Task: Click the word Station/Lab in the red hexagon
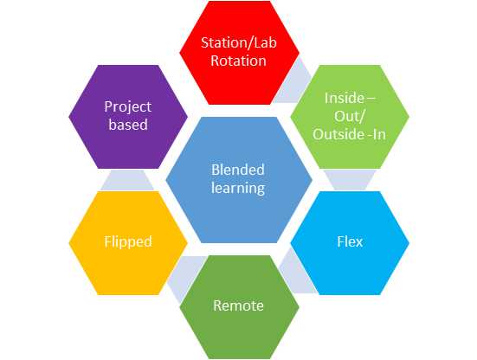pos(239,42)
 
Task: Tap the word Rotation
pos(239,61)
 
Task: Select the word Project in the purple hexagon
pos(128,107)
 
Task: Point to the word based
pos(128,125)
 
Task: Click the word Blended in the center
pos(238,170)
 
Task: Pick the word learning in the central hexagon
pos(238,188)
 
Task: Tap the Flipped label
pos(128,242)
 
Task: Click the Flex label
pos(350,242)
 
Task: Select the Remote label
pos(238,305)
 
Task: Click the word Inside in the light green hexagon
pos(344,98)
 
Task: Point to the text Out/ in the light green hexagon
pos(349,116)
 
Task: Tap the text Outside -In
pos(349,134)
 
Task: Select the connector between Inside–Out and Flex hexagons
pos(350,180)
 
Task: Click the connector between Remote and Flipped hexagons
pos(186,276)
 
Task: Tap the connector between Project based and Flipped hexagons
pos(127,180)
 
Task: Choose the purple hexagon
pos(128,117)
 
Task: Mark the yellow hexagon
pos(128,243)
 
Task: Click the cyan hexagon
pos(350,243)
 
